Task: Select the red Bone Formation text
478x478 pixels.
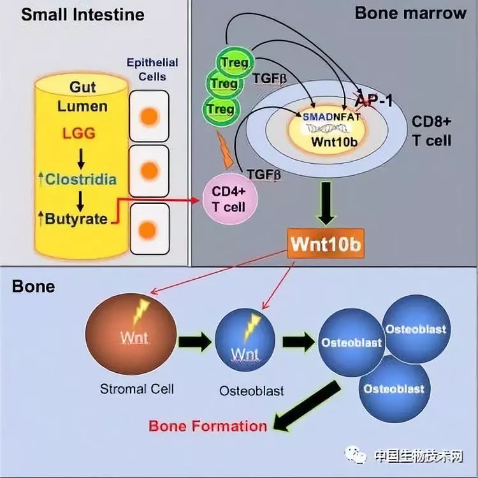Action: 208,425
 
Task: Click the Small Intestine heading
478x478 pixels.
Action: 83,14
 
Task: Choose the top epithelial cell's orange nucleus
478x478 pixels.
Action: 148,117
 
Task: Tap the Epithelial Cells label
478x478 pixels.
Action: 152,69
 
